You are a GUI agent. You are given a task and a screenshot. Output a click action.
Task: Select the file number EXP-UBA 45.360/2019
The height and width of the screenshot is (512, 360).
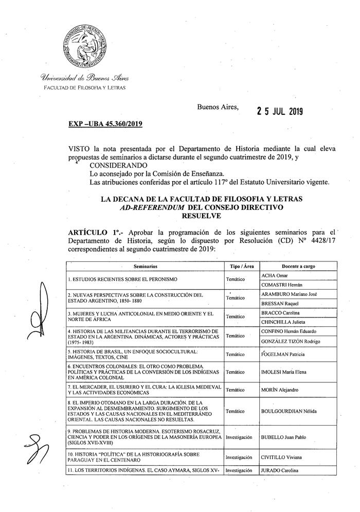tap(105, 124)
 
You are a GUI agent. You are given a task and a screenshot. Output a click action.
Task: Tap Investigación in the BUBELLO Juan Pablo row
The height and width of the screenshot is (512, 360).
tap(239, 437)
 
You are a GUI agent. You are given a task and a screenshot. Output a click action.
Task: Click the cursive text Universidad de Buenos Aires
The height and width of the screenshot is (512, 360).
tap(81, 78)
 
